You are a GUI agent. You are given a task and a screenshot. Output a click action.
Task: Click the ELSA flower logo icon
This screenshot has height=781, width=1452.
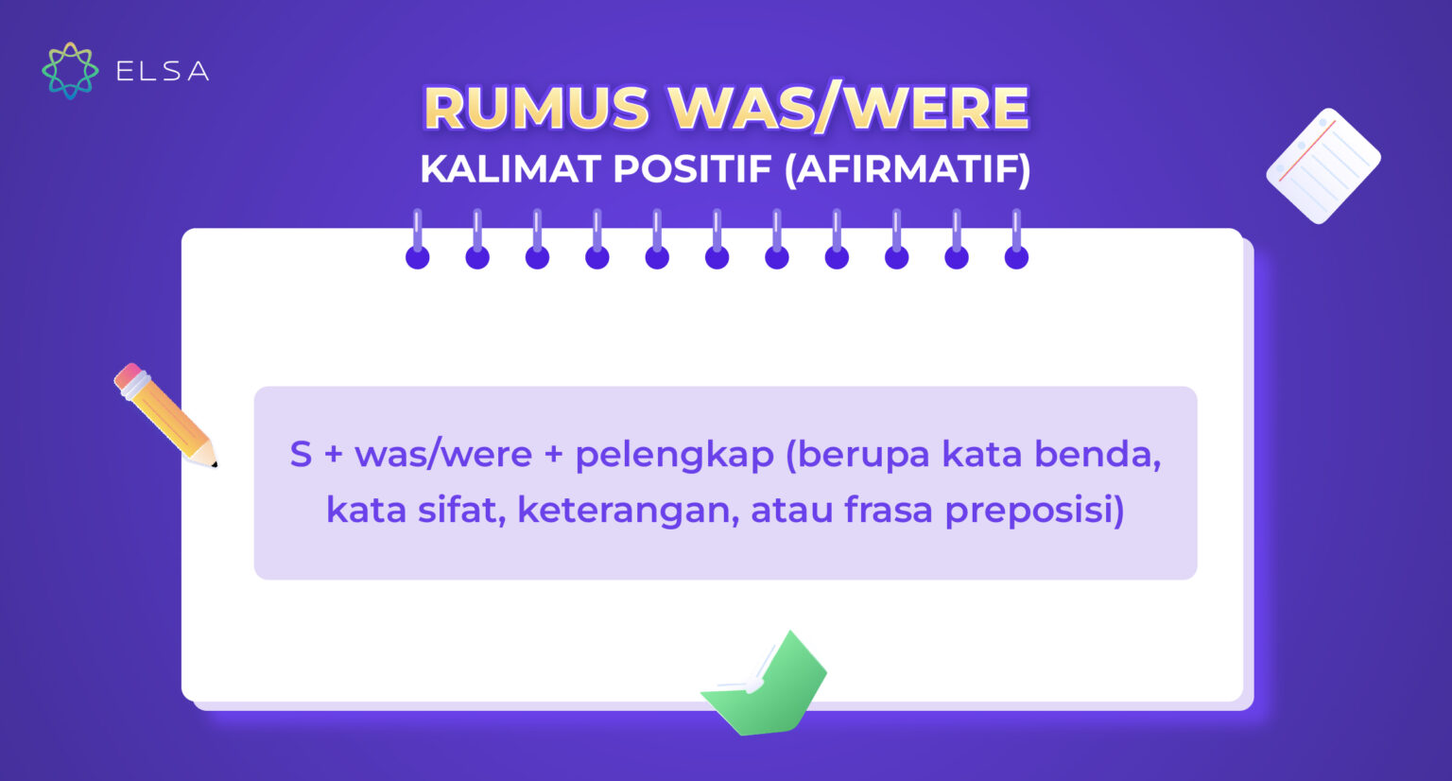click(70, 71)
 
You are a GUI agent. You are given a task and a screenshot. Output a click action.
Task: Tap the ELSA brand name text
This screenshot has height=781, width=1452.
click(163, 72)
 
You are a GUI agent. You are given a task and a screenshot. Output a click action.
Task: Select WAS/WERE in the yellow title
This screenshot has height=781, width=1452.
click(849, 108)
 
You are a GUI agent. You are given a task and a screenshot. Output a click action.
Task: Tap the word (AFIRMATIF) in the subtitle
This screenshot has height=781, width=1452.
click(907, 170)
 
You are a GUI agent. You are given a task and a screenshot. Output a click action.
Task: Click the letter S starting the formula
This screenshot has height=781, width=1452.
click(301, 455)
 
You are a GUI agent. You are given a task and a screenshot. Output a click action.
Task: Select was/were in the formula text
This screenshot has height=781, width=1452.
click(443, 455)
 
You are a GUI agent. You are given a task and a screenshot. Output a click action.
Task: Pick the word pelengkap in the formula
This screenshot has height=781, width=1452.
click(674, 455)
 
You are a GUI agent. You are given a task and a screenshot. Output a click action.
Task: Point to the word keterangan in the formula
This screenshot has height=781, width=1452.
click(628, 511)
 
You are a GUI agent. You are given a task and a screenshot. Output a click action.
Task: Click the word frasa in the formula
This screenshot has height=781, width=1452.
click(888, 511)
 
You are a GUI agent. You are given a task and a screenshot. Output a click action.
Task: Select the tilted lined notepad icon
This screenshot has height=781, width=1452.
click(1322, 165)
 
